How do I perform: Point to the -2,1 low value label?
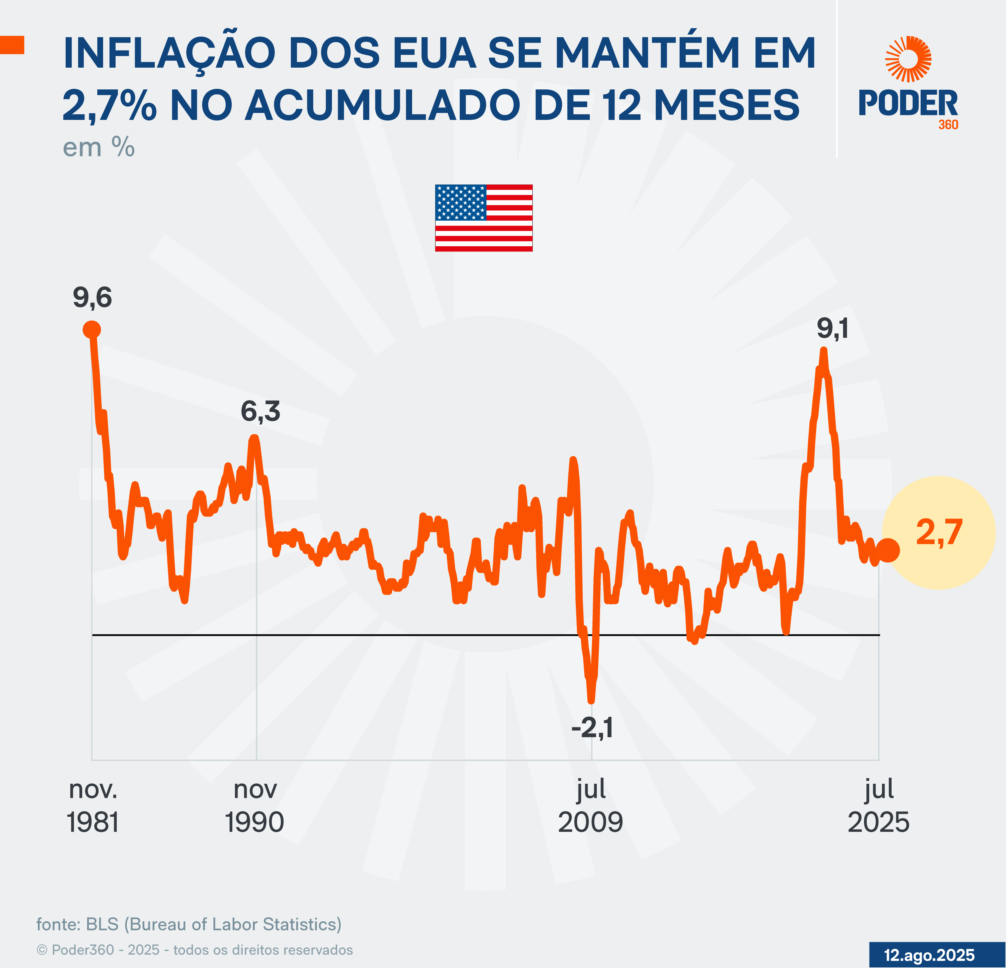pyautogui.click(x=592, y=727)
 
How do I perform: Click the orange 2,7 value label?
pyautogui.click(x=939, y=532)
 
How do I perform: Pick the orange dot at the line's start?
pyautogui.click(x=92, y=330)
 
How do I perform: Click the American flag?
pyautogui.click(x=484, y=218)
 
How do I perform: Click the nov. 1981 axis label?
pyautogui.click(x=93, y=806)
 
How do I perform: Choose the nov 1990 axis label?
pyautogui.click(x=255, y=806)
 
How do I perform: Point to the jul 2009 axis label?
pyautogui.click(x=591, y=806)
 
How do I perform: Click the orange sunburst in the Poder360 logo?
pyautogui.click(x=908, y=59)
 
